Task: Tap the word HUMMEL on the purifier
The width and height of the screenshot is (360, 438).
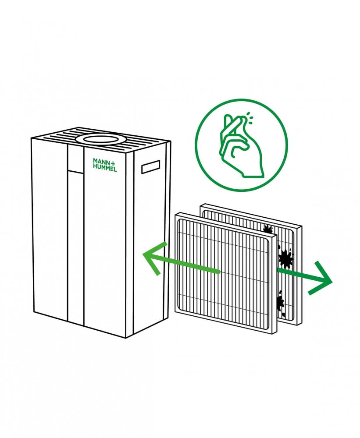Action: tap(104, 168)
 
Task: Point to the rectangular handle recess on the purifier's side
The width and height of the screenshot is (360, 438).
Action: tap(150, 167)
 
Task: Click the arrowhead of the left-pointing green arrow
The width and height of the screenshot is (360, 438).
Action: tap(151, 258)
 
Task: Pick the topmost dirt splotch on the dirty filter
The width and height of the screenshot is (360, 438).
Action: tap(267, 228)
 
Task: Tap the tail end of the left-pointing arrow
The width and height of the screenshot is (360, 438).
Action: tap(219, 272)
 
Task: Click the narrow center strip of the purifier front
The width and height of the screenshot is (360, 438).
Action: tap(75, 245)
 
